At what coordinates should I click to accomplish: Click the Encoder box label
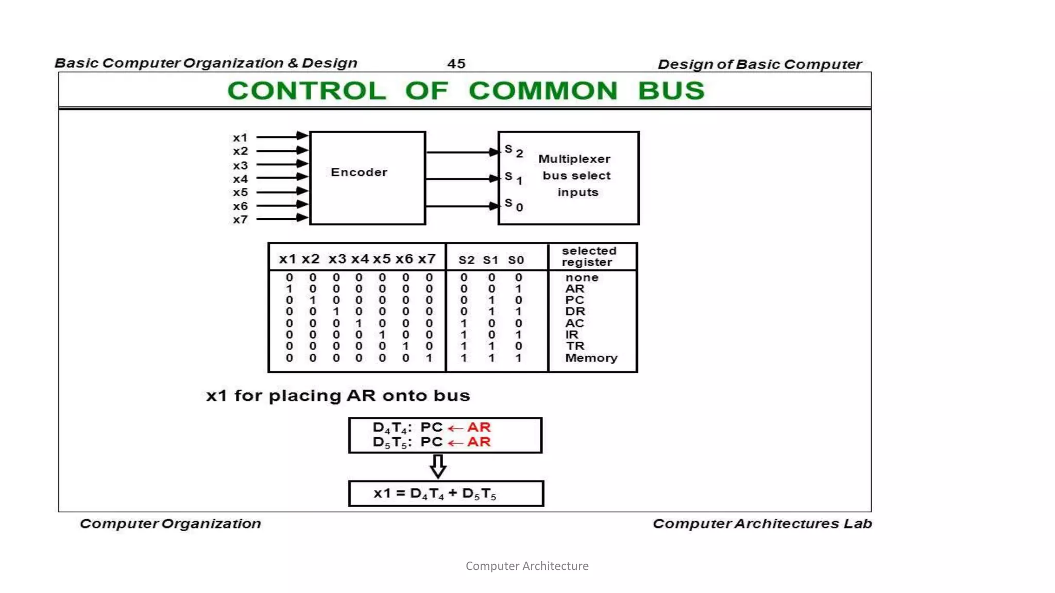point(359,172)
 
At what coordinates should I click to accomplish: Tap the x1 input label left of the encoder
point(240,137)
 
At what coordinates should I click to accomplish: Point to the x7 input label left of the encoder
point(240,220)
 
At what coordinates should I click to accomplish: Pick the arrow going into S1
point(462,179)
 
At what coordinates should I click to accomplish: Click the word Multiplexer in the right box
point(574,159)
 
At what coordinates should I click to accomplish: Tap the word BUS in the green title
point(671,91)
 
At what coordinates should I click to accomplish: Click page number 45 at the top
point(456,64)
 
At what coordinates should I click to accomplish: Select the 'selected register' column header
point(589,256)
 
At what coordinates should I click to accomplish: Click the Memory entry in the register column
point(591,358)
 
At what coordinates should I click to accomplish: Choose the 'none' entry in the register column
point(582,277)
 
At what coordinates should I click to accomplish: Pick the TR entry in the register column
point(575,346)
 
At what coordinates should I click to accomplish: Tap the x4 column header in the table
point(360,259)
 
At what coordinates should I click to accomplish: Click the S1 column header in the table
point(490,260)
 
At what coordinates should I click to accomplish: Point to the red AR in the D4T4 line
point(479,427)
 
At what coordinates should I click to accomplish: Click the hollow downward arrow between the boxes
point(438,466)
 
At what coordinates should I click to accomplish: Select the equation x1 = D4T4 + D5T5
point(435,494)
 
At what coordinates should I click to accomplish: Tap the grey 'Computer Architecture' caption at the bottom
point(527,566)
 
